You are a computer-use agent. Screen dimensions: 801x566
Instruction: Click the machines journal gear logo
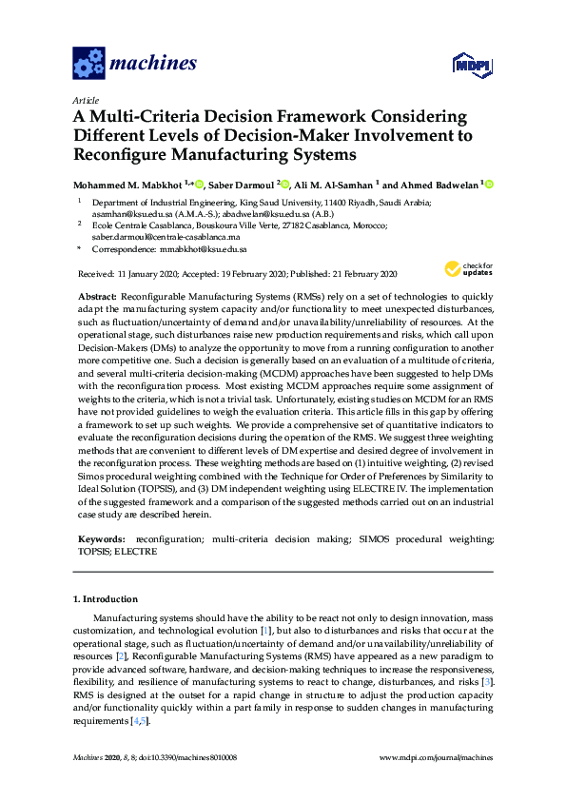click(88, 64)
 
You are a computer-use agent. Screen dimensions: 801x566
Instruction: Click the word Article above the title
click(86, 99)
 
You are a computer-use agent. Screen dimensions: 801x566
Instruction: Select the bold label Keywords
click(99, 538)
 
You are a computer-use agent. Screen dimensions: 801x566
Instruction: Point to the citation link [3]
click(487, 683)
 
